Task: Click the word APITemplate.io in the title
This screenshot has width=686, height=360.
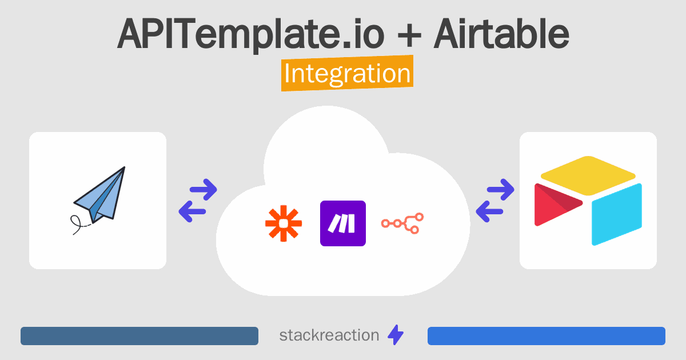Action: pyautogui.click(x=250, y=34)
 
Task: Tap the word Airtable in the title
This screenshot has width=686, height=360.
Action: pyautogui.click(x=501, y=33)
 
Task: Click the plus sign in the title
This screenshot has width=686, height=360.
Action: pyautogui.click(x=409, y=36)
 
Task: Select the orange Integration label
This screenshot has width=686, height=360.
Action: pyautogui.click(x=348, y=73)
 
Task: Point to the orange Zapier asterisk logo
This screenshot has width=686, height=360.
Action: pyautogui.click(x=284, y=223)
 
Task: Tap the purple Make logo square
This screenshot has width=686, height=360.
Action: pyautogui.click(x=342, y=223)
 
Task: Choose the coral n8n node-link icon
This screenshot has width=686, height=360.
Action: pyautogui.click(x=402, y=223)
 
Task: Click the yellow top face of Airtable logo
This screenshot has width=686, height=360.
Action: pyautogui.click(x=588, y=175)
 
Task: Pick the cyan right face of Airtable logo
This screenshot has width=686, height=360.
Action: pyautogui.click(x=616, y=214)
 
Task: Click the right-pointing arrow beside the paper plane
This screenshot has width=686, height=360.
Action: pyautogui.click(x=204, y=190)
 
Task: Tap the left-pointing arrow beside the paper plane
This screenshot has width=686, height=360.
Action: pyautogui.click(x=192, y=211)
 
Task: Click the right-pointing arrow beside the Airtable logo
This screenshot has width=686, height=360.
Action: pyautogui.click(x=500, y=190)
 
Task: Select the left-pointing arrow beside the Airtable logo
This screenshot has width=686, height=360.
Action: pyautogui.click(x=489, y=211)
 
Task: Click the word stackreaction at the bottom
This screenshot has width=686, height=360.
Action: pyautogui.click(x=329, y=335)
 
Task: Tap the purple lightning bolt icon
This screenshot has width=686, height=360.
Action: pyautogui.click(x=396, y=335)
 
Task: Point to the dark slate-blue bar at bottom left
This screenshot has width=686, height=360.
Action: pyautogui.click(x=139, y=336)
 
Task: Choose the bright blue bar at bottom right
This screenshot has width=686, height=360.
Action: pyautogui.click(x=547, y=336)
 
